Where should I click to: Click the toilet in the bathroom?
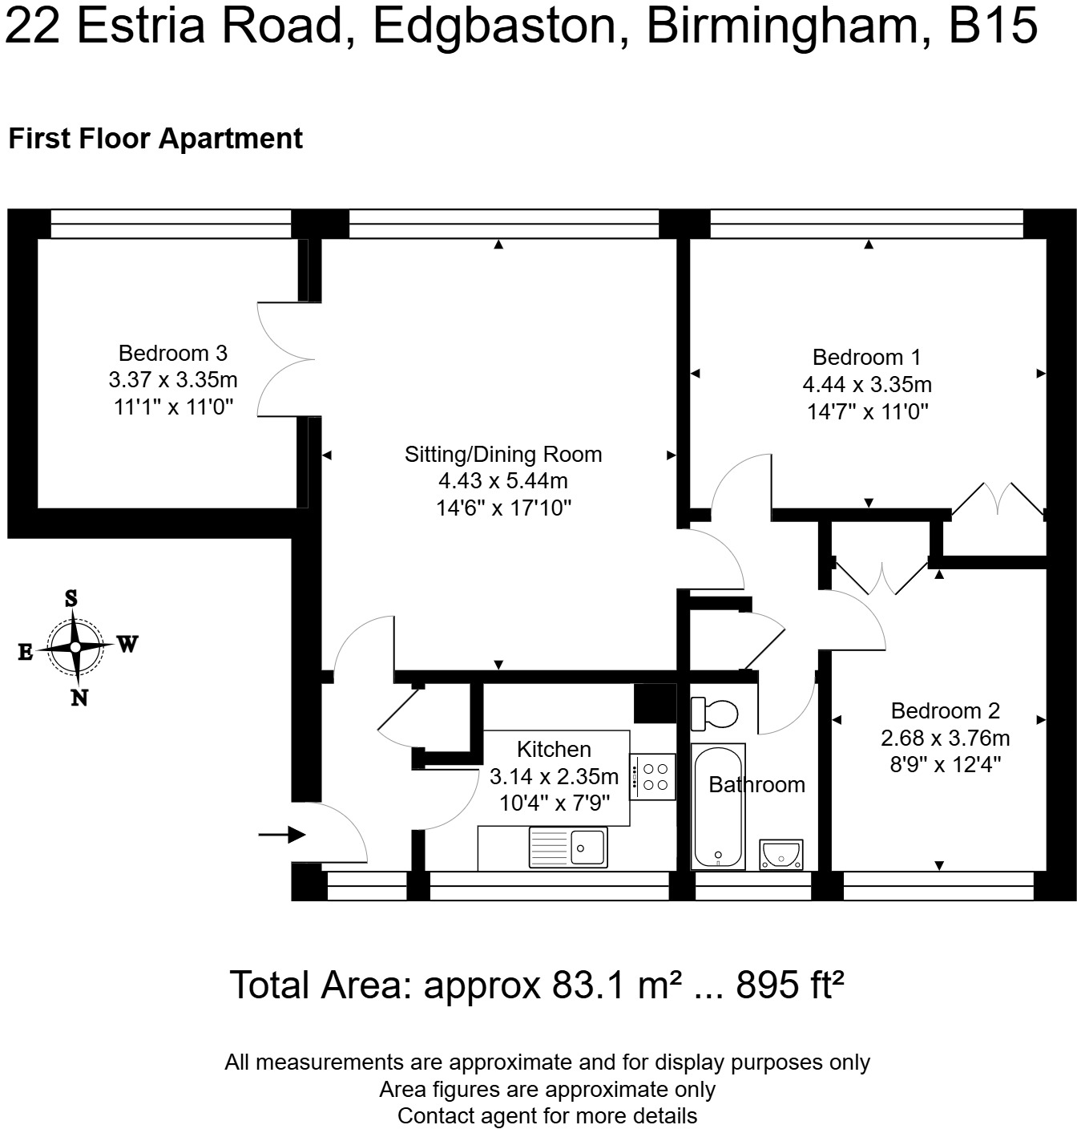(x=714, y=714)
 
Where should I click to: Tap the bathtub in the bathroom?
(x=718, y=806)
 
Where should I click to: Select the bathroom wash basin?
(x=781, y=855)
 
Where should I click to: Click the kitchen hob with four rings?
(x=653, y=776)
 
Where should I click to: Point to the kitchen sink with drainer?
(x=568, y=847)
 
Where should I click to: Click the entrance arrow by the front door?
(x=281, y=835)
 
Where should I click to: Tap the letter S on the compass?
(x=71, y=598)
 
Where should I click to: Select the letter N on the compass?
(x=79, y=698)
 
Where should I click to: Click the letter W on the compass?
(x=128, y=645)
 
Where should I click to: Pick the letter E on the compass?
(x=26, y=652)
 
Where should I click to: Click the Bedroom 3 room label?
(x=173, y=353)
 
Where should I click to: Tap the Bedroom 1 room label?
(x=867, y=357)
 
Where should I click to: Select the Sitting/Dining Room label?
(x=503, y=454)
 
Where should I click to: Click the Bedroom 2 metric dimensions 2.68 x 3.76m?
(x=946, y=738)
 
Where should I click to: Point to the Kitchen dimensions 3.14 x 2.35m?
(x=554, y=776)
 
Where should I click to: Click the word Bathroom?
(x=756, y=784)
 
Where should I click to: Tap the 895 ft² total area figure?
(x=790, y=985)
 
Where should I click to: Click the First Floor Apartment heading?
(x=155, y=139)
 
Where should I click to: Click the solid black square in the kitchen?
(x=655, y=703)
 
